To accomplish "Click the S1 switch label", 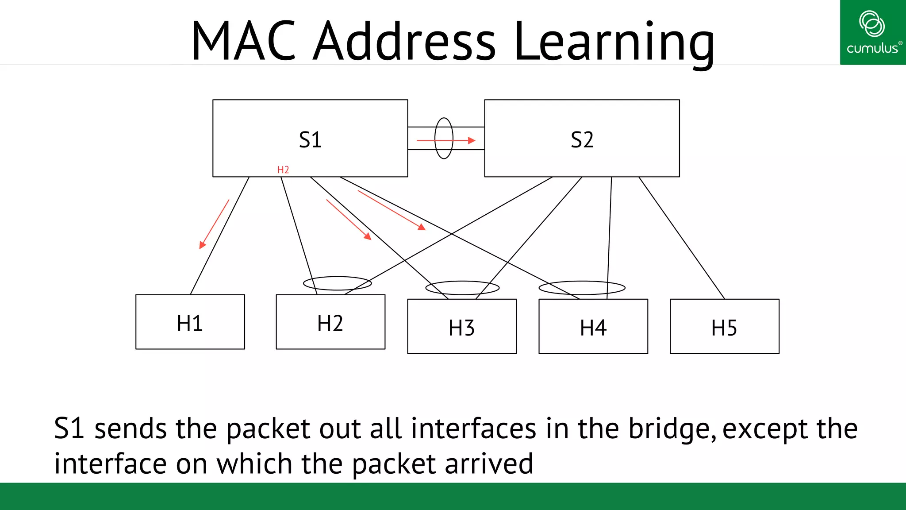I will point(310,140).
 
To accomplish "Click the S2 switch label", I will point(582,140).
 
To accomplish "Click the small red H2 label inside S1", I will point(283,170).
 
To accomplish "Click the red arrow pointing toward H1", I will point(215,224).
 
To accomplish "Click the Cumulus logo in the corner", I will point(872,32).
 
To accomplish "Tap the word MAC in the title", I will point(243,42).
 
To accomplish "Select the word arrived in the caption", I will point(488,464).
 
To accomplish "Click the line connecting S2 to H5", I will point(682,238).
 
